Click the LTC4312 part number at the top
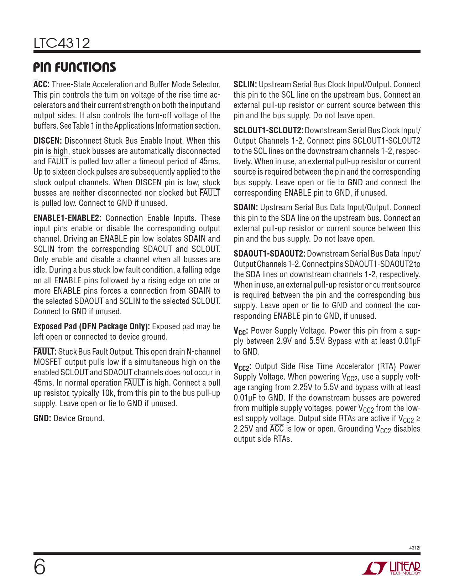click(62, 43)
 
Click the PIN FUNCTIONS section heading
click(75, 67)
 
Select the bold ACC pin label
click(41, 84)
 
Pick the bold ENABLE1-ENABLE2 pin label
click(67, 218)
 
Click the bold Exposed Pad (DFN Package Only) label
click(92, 326)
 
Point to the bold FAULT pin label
click(45, 352)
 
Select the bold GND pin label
click(42, 418)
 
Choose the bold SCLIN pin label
click(245, 84)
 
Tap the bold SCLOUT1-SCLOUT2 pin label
click(268, 130)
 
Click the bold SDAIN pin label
click(246, 207)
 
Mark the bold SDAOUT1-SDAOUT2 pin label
click(269, 254)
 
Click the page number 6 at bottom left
click(40, 567)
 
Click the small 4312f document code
click(415, 548)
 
